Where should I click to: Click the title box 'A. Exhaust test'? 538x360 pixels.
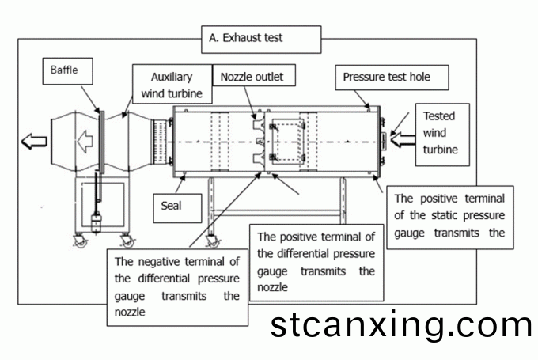(262, 37)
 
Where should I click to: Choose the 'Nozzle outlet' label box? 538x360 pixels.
(252, 77)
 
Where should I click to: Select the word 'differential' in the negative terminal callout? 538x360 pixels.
(161, 279)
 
